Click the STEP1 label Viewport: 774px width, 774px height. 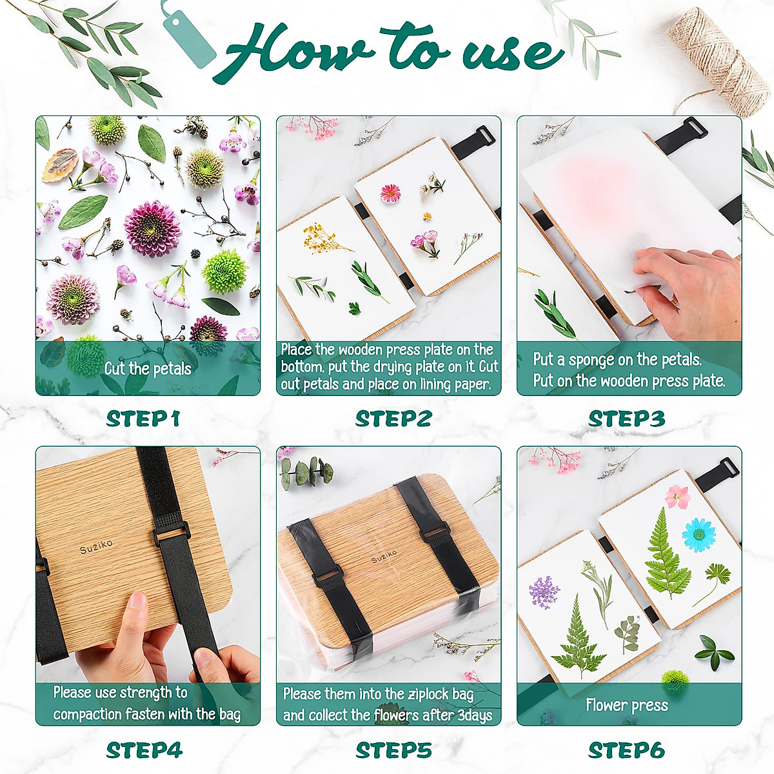coord(143,419)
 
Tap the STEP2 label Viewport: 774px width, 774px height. coord(393,419)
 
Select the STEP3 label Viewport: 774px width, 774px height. coord(626,419)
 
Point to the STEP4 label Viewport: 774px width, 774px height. coord(144,750)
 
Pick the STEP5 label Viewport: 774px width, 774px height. coord(393,750)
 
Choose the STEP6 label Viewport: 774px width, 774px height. coord(626,750)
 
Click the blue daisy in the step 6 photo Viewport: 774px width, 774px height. coord(699,535)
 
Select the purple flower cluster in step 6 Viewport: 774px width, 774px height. coord(544,592)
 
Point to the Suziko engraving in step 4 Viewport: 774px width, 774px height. coord(96,549)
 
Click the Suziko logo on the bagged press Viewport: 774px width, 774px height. coord(384,556)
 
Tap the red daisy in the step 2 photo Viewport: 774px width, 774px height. coord(390,193)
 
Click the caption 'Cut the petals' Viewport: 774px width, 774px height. coord(148,369)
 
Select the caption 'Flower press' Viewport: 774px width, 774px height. coord(626,705)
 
